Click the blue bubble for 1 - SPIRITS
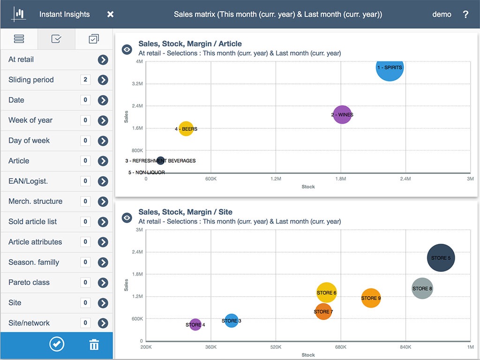390,67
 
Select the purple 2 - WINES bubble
342,114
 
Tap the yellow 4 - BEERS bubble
186,128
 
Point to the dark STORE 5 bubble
441,258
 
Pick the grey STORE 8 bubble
422,288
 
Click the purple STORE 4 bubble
195,324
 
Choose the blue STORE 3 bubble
232,321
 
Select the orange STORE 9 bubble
371,298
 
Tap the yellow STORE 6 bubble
327,293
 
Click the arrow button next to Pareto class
103,283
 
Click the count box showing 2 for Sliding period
85,80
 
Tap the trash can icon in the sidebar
94,345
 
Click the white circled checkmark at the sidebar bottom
57,345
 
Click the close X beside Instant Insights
110,15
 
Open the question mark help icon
465,15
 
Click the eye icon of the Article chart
127,49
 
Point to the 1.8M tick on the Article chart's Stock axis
340,179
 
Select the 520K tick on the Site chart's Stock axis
276,347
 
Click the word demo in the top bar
442,15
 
